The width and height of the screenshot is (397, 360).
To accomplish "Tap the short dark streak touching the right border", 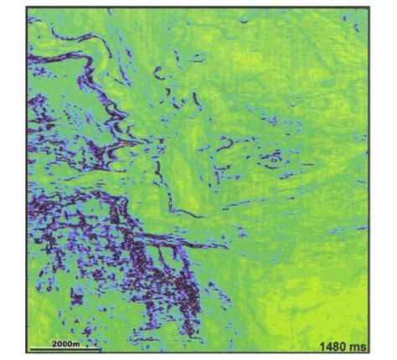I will click(x=361, y=229).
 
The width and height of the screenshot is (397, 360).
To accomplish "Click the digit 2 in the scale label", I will click(x=52, y=342).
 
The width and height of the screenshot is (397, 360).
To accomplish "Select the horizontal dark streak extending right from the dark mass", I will click(x=201, y=244).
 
